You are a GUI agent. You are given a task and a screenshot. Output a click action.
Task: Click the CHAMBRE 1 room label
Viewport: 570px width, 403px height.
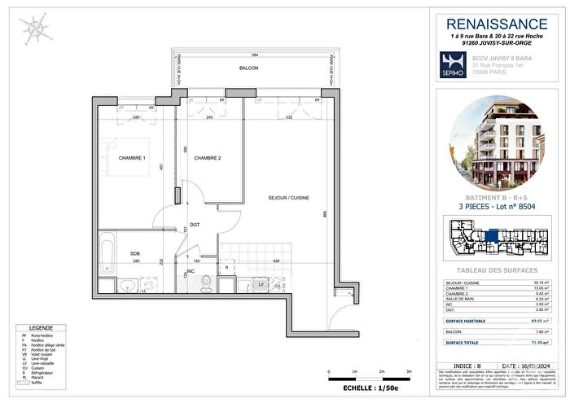tap(132, 158)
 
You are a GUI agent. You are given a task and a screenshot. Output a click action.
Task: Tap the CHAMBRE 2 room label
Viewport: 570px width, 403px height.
tap(208, 158)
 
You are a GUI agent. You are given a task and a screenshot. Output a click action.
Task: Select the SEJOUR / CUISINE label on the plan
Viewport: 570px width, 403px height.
tap(287, 198)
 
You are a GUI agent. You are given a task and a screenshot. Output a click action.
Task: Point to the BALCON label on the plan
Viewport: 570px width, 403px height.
tap(248, 68)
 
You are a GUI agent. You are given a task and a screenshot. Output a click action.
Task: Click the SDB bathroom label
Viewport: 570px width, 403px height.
tap(135, 253)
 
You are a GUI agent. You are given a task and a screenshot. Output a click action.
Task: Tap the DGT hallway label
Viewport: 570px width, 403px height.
tap(195, 225)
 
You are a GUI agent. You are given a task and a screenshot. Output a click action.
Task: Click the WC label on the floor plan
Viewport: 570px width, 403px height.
tap(189, 270)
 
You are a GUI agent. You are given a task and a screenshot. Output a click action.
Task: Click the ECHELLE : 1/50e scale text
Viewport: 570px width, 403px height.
tap(364, 391)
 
